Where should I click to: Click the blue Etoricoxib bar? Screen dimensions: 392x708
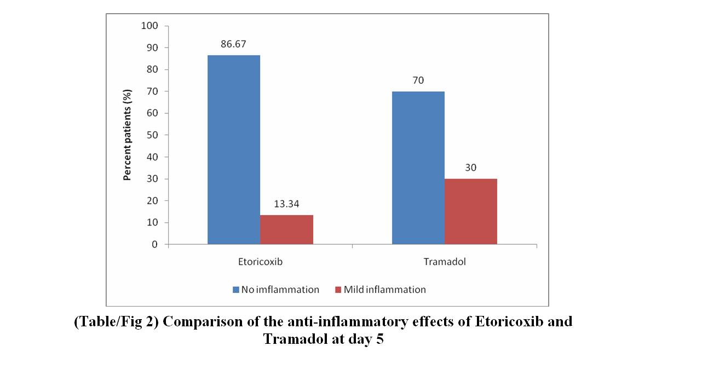[234, 149]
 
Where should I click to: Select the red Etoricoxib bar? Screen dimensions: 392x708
[286, 229]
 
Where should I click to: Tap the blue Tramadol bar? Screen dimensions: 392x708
[418, 168]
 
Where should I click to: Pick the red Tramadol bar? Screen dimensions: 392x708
[471, 211]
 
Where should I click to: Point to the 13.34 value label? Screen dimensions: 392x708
[286, 204]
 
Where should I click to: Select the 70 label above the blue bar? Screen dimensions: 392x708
[418, 80]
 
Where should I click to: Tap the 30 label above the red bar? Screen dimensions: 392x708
[471, 168]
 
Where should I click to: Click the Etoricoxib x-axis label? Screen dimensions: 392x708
[260, 262]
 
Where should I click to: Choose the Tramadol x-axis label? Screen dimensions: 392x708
[445, 262]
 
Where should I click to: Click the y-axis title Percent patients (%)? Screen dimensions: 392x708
[127, 135]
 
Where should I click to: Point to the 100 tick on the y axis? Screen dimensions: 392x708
[150, 26]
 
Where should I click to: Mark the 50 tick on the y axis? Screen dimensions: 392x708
[152, 135]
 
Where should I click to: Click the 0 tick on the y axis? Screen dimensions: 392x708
[155, 245]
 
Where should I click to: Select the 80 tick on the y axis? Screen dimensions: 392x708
[152, 70]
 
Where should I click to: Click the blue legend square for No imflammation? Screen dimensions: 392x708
[236, 290]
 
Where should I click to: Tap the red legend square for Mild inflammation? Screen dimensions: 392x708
[338, 290]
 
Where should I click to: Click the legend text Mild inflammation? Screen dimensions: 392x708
[384, 290]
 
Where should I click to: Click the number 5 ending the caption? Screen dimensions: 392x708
[380, 339]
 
